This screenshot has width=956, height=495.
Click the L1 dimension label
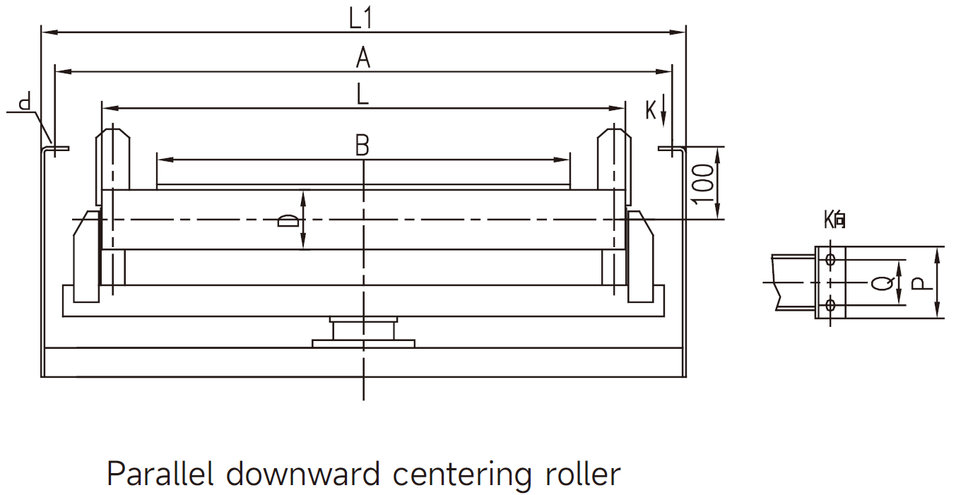tap(360, 18)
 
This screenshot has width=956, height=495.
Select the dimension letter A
tap(362, 57)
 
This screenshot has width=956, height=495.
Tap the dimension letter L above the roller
tap(362, 95)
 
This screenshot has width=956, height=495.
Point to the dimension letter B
tap(362, 145)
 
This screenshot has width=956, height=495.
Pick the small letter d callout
tap(25, 104)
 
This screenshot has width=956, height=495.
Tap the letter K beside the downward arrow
tap(651, 109)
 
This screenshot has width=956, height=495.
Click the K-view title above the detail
tap(834, 220)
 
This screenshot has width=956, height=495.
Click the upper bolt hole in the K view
tap(830, 259)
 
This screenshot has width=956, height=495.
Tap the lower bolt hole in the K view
tap(830, 305)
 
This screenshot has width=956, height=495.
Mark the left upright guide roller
tap(112, 159)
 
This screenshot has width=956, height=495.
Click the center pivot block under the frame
tap(363, 330)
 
